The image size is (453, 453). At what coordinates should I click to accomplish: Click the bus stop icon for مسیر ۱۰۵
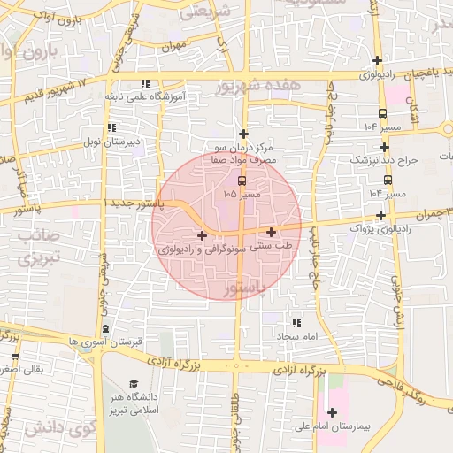(x=242, y=180)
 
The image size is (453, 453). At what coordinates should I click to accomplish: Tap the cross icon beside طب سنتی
(x=270, y=232)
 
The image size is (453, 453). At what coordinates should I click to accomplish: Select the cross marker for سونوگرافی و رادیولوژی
(x=203, y=235)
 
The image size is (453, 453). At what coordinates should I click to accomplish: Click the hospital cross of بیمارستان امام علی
(x=332, y=411)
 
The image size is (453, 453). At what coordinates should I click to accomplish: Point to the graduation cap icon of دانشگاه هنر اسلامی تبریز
(x=134, y=384)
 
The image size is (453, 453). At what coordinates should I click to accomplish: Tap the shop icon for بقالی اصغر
(x=14, y=357)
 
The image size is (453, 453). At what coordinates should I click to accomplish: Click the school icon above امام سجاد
(x=295, y=324)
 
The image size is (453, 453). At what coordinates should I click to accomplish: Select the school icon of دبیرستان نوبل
(x=111, y=128)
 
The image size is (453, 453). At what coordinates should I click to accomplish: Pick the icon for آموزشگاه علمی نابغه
(x=145, y=83)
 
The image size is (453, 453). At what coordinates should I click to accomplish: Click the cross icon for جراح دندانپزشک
(x=384, y=148)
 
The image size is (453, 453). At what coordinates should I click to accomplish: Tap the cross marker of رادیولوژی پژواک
(x=380, y=215)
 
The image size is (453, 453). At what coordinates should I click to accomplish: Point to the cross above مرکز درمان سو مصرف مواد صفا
(x=243, y=134)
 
